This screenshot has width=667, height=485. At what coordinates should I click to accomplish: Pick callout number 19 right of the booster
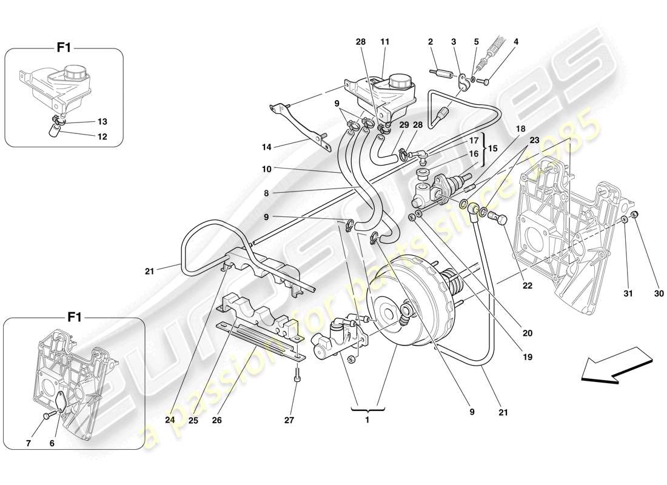[528, 358]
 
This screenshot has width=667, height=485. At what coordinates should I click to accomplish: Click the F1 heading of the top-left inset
[64, 48]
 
